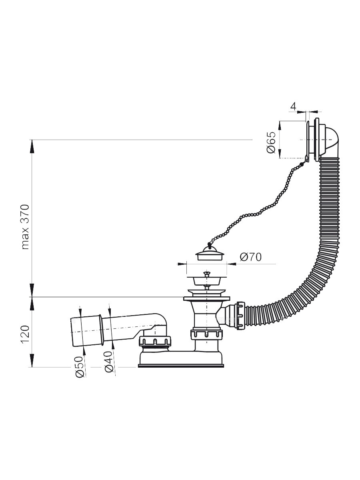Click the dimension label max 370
click(26, 227)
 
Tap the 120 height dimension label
click(26, 334)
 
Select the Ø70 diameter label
click(251, 257)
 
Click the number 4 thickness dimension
click(293, 106)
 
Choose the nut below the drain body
click(206, 334)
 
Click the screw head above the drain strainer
click(206, 274)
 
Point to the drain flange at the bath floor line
click(206, 298)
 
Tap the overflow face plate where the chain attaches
click(308, 140)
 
